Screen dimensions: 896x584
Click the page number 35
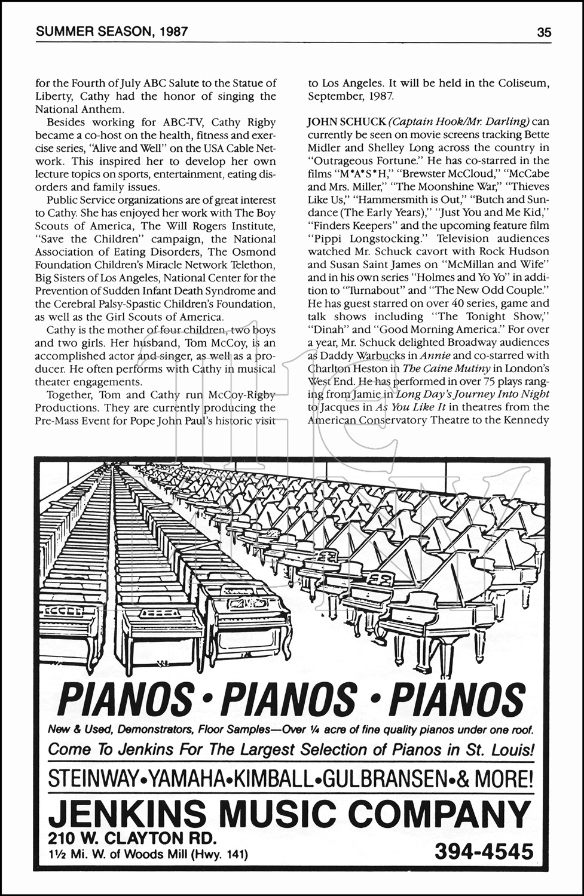(543, 32)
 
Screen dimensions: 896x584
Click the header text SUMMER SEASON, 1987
(112, 32)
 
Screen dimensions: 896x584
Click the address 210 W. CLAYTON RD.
(133, 837)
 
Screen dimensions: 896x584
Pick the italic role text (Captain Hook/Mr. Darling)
(461, 122)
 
